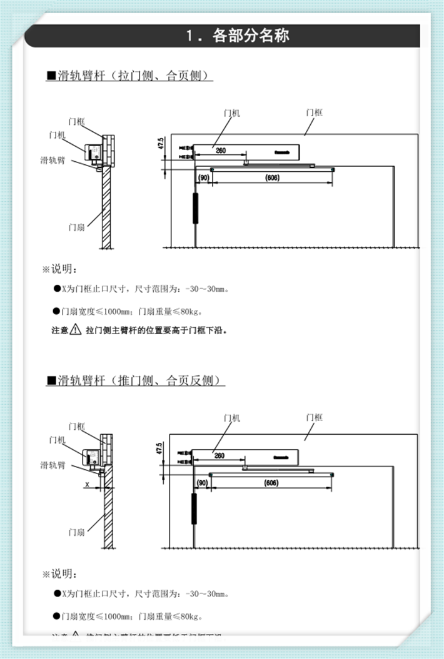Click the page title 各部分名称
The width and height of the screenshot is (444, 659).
(x=250, y=36)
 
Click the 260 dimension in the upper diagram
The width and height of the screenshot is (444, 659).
(x=220, y=151)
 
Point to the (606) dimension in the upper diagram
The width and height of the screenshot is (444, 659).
(x=271, y=177)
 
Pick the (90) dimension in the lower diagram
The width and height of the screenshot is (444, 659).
(x=203, y=483)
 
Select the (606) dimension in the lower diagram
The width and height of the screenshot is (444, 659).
(x=271, y=483)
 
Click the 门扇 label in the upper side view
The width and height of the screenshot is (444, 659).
(x=76, y=227)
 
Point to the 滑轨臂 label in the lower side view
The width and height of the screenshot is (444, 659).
(x=53, y=465)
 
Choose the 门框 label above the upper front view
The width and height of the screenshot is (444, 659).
(x=314, y=112)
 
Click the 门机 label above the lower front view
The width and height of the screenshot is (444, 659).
(x=231, y=418)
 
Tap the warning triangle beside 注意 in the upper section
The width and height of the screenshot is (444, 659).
(x=76, y=329)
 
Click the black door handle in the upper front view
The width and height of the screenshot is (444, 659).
(x=196, y=207)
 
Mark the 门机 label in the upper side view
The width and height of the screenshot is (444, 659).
(x=56, y=135)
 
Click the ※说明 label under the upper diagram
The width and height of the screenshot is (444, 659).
(x=60, y=270)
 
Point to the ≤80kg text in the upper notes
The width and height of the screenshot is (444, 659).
(x=189, y=311)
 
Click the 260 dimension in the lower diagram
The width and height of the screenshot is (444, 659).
(x=219, y=456)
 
